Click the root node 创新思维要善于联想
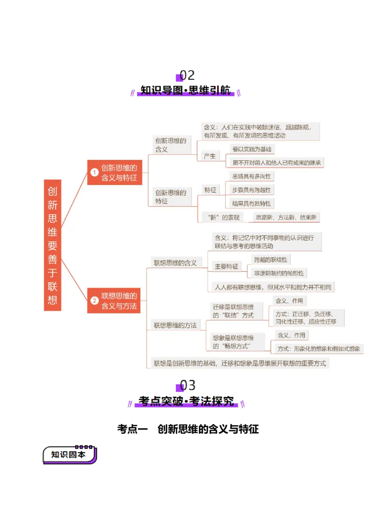point(53,245)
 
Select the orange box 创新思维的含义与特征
point(115,172)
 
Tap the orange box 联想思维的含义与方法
point(114,300)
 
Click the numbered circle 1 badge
point(94,173)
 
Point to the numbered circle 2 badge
point(94,301)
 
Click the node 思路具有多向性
point(251,176)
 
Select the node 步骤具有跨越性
point(251,190)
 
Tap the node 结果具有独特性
point(251,203)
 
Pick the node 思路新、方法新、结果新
point(286,217)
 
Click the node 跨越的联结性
point(270,259)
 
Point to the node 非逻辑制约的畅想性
point(279,273)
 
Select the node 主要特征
point(226,266)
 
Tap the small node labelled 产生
point(210,156)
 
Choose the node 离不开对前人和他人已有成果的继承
point(275,163)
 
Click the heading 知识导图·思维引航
point(187,91)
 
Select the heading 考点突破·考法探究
point(187,402)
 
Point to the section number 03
point(187,386)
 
